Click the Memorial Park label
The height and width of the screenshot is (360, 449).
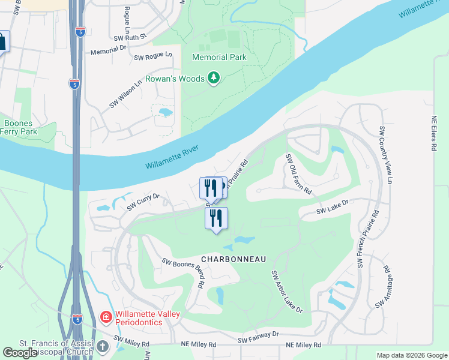(x=219, y=58)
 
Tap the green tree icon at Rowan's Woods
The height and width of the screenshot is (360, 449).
(x=213, y=77)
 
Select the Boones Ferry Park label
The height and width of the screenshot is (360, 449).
(x=19, y=128)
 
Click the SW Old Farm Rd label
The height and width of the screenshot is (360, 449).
(x=299, y=174)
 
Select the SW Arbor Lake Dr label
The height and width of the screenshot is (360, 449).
(x=287, y=292)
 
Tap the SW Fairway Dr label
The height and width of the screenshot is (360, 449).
(x=258, y=337)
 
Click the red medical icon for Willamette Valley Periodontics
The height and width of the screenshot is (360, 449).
(x=106, y=316)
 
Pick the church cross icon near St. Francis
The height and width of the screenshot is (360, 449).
(x=103, y=346)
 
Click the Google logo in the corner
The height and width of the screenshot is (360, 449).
(x=20, y=353)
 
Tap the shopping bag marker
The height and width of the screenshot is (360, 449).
(x=2, y=42)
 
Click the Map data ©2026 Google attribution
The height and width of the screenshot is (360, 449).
(x=412, y=355)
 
